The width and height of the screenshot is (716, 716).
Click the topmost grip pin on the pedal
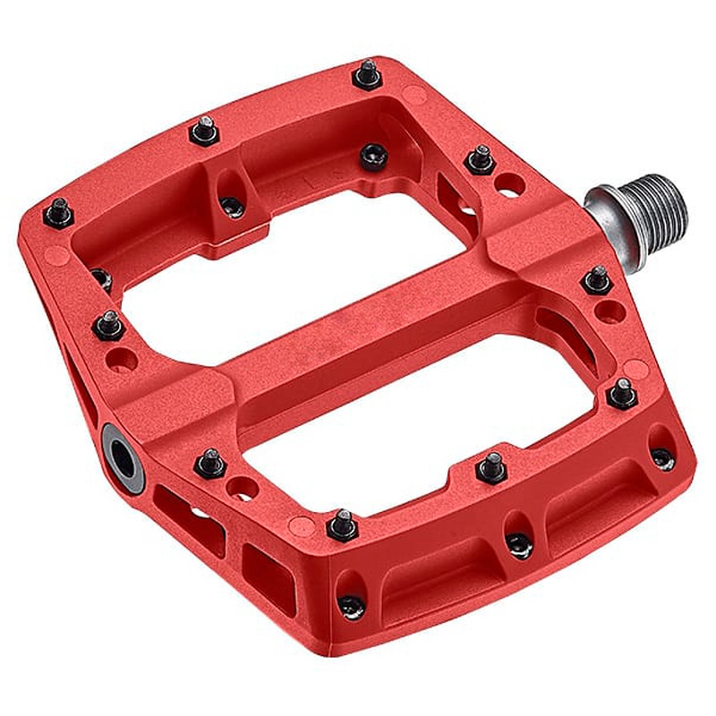pos(367,73)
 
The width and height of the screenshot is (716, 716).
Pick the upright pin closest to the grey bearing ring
pos(210,462)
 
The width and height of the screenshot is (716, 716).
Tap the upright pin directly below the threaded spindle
pos(597,279)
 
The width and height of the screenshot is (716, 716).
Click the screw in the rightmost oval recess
pos(662,457)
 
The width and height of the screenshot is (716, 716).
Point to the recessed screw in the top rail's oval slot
pos(232,206)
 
